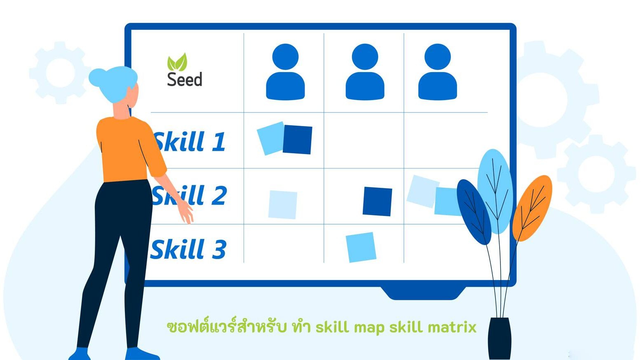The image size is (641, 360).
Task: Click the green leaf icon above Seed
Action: tap(177, 62)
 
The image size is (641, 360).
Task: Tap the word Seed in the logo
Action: tap(185, 79)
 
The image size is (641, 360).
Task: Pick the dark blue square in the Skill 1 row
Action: tap(297, 140)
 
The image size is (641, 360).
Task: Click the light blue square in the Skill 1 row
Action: tap(270, 138)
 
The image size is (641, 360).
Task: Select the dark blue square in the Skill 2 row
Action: tap(377, 201)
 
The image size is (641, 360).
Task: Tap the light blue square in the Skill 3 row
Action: tap(361, 247)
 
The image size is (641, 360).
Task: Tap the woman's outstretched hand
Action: tap(186, 213)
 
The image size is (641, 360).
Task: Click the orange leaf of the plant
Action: tap(532, 208)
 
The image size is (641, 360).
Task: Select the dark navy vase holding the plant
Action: tap(499, 338)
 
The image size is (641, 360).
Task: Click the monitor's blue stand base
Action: tap(423, 293)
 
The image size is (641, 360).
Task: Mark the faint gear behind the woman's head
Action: tap(60, 72)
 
